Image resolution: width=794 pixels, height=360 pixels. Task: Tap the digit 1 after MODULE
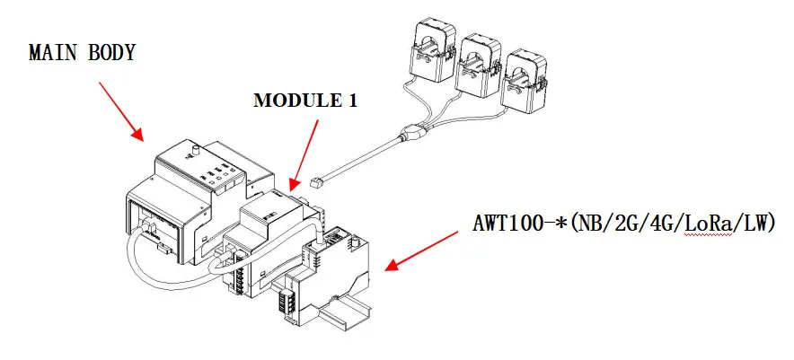point(352,100)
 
